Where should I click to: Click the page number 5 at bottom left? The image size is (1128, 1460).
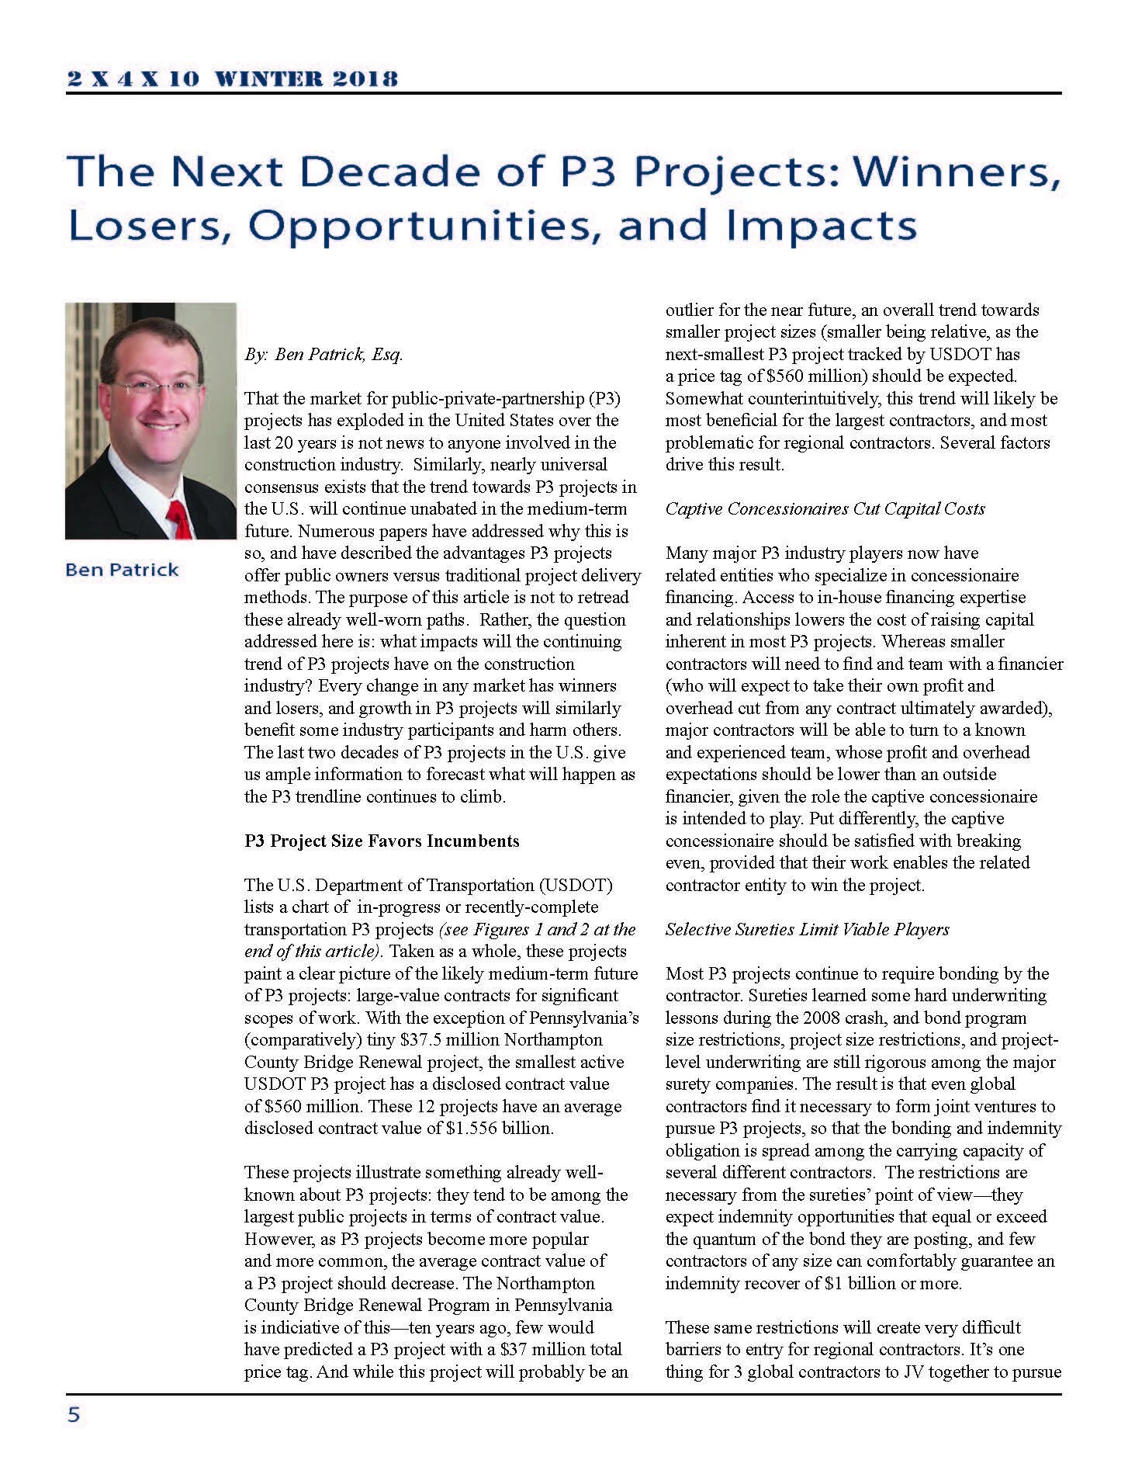pos(74,1415)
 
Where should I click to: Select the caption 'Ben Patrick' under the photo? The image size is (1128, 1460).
pos(122,570)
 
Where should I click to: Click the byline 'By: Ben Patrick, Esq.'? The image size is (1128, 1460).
pos(324,355)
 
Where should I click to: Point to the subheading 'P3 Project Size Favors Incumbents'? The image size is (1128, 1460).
pos(382,841)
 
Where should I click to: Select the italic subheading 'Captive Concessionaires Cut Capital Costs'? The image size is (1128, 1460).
pos(825,508)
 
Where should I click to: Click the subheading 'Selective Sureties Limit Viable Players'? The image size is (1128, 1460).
pos(807,929)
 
